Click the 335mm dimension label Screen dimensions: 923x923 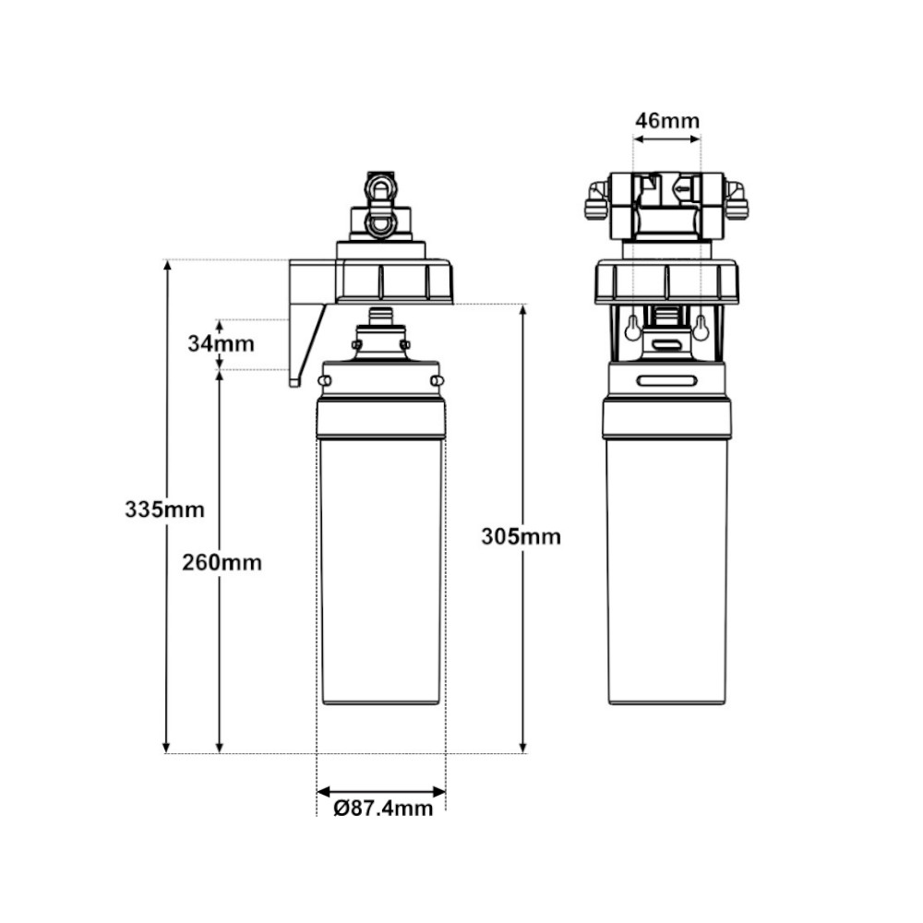click(164, 509)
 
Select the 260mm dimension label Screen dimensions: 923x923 click(222, 563)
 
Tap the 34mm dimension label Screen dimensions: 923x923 click(221, 343)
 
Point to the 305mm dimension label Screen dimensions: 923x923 click(521, 537)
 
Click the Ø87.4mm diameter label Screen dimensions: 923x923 click(383, 809)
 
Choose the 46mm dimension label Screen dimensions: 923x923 click(667, 121)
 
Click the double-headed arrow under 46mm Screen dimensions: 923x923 click(667, 139)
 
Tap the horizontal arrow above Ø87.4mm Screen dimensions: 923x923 click(381, 792)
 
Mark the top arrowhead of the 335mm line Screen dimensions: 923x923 click(167, 266)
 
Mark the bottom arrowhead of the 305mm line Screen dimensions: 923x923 click(522, 747)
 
